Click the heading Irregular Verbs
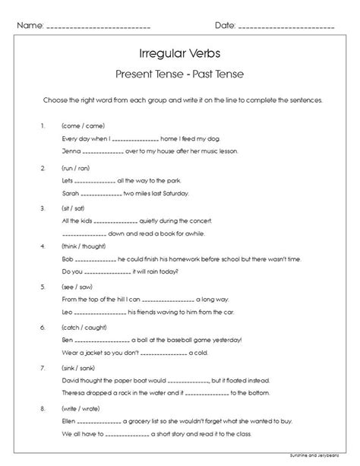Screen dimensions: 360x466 pyautogui.click(x=180, y=53)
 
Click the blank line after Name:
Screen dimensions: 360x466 pyautogui.click(x=99, y=27)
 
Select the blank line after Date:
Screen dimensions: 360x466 pyautogui.click(x=286, y=27)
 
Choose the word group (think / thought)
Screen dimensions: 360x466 pyautogui.click(x=84, y=247)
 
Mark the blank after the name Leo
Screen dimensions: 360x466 pyautogui.click(x=99, y=312)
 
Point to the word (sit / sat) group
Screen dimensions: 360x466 pyautogui.click(x=74, y=207)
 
